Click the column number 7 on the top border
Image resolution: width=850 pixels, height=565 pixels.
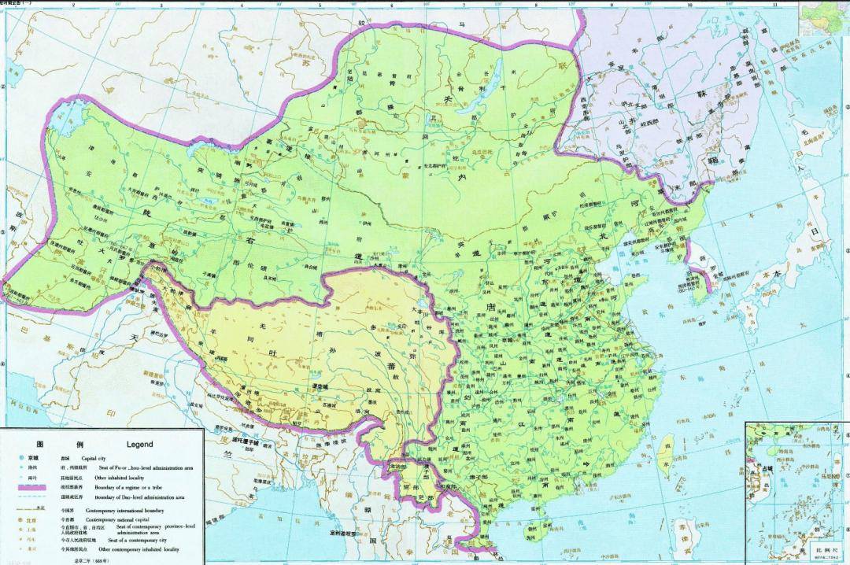(x=463, y=5)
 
